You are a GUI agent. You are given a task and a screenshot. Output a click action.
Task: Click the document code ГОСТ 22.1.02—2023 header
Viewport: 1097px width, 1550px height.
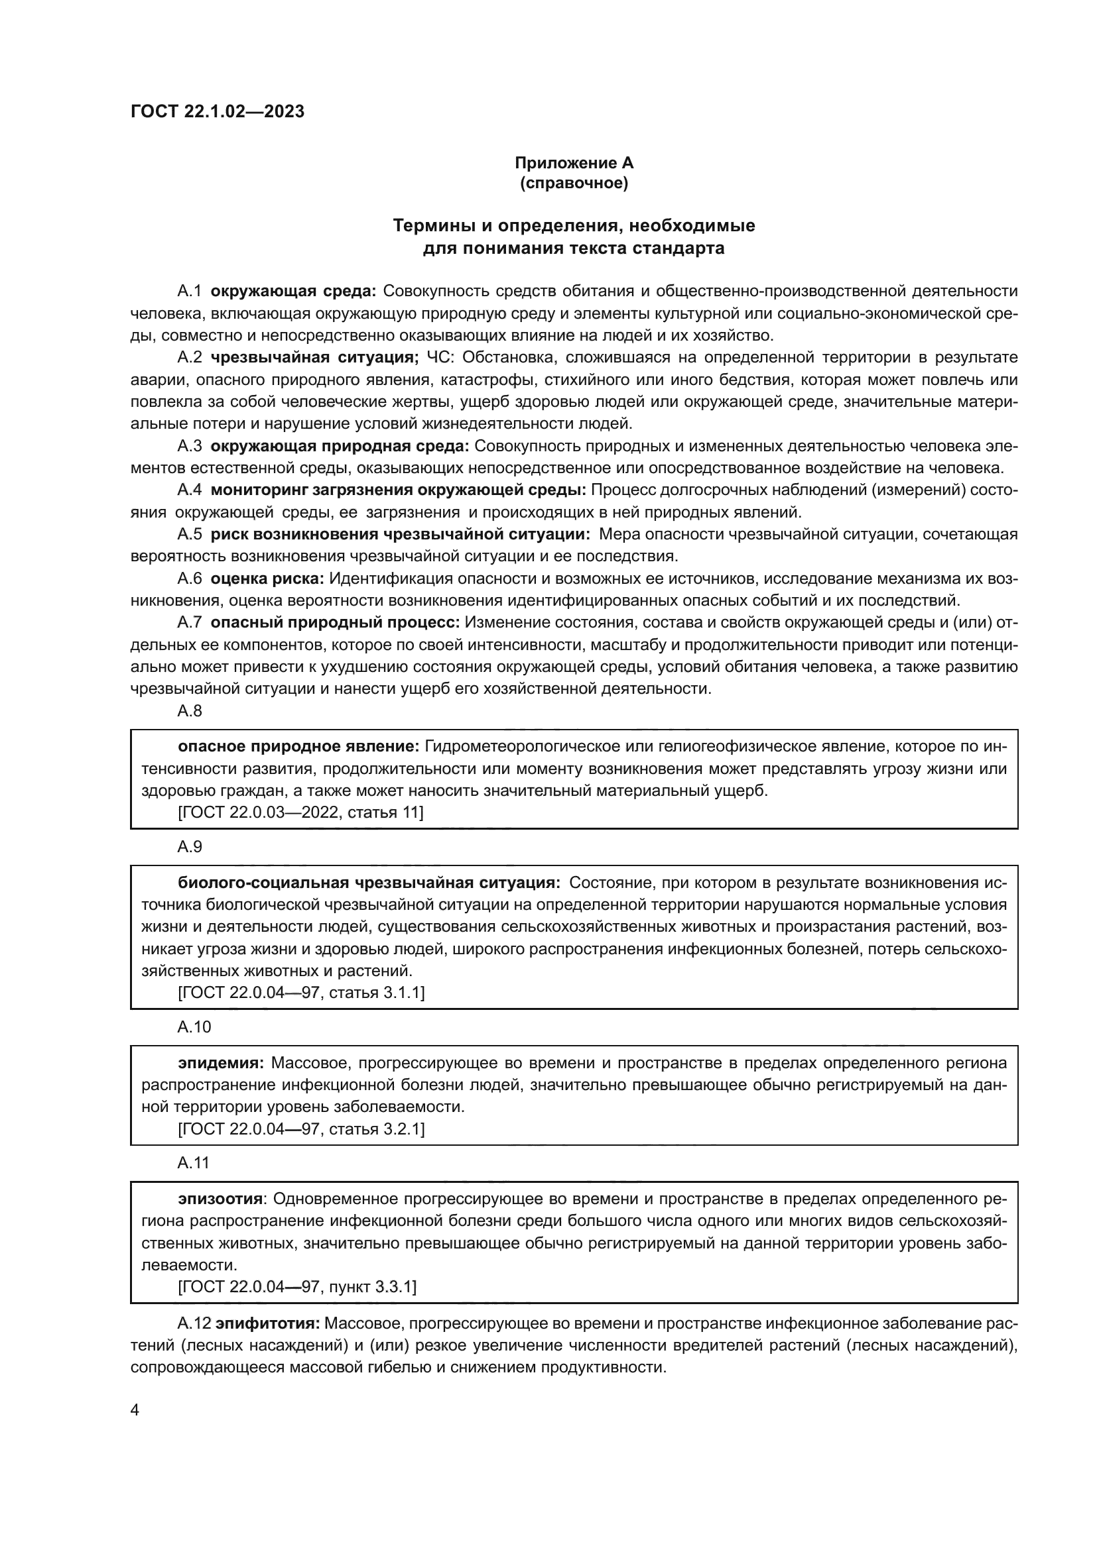(218, 111)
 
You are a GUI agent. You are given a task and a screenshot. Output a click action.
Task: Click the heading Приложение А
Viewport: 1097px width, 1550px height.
(574, 163)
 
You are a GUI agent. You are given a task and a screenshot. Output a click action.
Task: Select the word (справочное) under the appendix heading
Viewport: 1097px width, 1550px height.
(574, 183)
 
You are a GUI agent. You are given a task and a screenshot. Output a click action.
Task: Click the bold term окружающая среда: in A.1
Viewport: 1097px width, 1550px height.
(293, 291)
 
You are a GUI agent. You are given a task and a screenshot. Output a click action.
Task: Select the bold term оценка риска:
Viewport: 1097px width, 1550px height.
(267, 579)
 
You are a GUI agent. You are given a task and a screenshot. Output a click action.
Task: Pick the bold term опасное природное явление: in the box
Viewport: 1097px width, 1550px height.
(299, 747)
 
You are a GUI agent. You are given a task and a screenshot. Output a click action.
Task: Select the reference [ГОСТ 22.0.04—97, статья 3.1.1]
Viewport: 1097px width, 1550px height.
(301, 993)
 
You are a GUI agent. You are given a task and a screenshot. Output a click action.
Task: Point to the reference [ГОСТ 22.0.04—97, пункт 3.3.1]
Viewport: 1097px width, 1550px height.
(297, 1287)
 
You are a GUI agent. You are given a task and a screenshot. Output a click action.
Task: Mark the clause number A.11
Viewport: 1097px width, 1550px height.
(194, 1162)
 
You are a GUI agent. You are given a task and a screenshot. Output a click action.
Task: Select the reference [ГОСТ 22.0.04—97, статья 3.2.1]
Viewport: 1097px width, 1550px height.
(301, 1129)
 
